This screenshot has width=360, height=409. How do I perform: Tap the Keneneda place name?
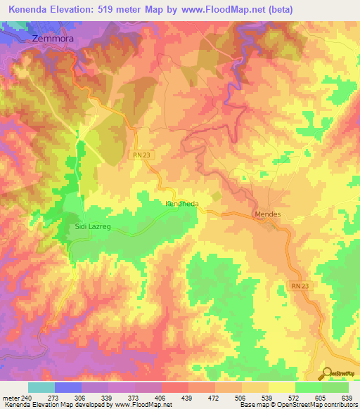click(182, 204)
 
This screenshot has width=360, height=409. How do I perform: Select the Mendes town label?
click(268, 214)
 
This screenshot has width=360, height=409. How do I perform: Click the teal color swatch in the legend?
click(41, 387)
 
